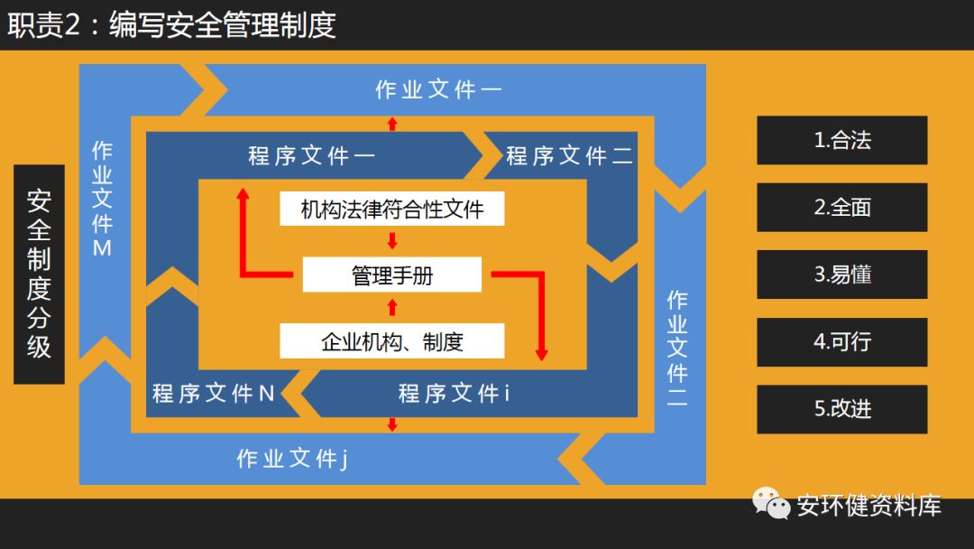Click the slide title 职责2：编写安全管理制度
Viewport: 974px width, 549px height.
point(171,24)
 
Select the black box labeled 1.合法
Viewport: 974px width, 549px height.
point(841,140)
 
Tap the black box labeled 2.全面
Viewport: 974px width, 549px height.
point(841,207)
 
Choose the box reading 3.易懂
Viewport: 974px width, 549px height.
point(841,274)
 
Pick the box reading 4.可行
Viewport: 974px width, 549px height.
point(841,341)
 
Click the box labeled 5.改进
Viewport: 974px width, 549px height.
point(841,408)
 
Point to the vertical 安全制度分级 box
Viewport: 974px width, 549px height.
point(39,274)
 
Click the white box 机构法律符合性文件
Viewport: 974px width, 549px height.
point(391,209)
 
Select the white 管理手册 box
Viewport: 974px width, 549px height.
point(391,275)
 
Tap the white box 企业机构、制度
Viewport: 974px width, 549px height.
point(391,342)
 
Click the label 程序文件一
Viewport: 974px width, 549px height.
point(312,156)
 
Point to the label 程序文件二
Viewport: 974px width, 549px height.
point(569,156)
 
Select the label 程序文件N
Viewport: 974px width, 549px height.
point(214,394)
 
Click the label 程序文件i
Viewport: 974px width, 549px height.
point(454,394)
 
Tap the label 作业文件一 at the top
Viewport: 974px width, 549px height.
point(438,90)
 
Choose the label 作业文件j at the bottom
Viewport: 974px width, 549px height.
point(292,459)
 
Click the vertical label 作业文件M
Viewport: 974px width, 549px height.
point(102,199)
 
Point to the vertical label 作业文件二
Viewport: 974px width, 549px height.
point(677,349)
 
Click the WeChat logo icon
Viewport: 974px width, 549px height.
point(771,504)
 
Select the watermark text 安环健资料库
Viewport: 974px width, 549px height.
point(868,506)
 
